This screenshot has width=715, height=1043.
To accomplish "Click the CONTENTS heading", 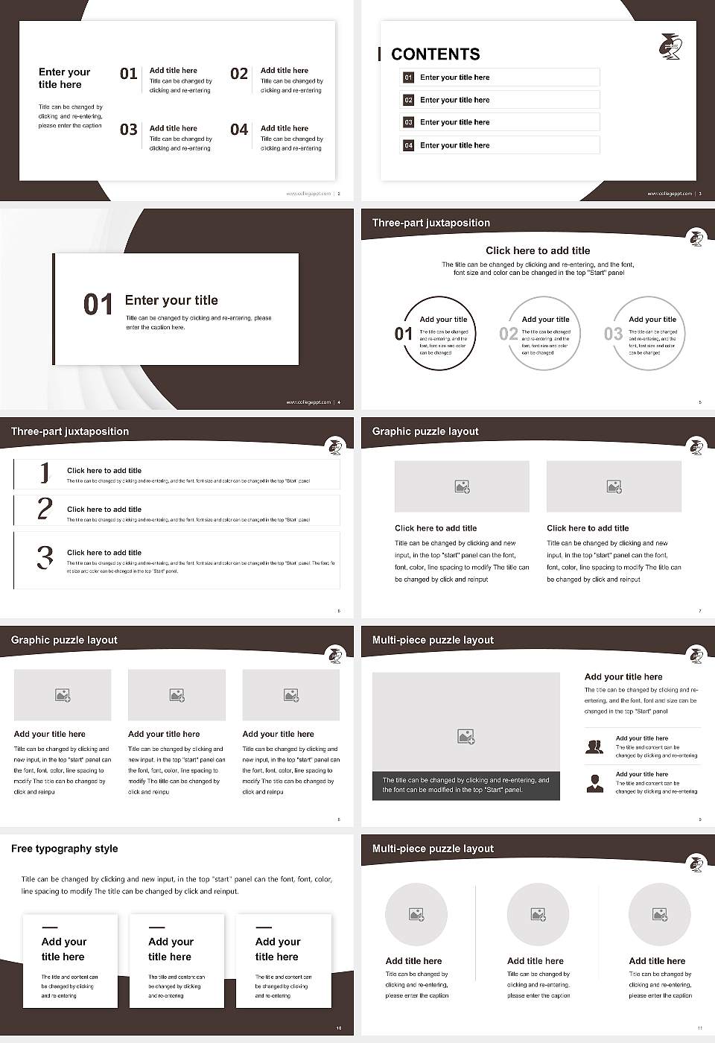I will point(436,54).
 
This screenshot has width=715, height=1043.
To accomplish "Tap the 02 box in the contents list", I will point(408,100).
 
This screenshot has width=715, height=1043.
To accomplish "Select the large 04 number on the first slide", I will point(239,130).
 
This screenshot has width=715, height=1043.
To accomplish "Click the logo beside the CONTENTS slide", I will point(670,46).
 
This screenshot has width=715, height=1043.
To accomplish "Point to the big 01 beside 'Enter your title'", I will point(98,304).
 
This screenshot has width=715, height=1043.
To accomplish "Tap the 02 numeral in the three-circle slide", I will point(509,334).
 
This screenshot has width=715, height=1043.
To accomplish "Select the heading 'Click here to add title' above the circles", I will point(538,251).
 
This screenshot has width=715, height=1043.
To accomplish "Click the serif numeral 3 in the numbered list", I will point(45,557).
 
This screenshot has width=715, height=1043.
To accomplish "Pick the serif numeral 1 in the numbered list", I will point(45,472).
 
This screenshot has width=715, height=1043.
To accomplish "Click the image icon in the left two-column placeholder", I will point(462,486).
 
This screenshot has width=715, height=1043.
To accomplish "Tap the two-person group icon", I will point(594,746).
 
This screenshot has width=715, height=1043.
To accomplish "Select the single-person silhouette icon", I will point(594,783).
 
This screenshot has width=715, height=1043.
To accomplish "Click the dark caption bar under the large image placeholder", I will point(465,785).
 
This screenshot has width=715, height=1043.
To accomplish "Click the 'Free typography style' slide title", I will point(65,849).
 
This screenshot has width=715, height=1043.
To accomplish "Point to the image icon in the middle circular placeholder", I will point(538,914).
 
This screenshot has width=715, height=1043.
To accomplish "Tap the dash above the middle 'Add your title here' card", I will point(156,928).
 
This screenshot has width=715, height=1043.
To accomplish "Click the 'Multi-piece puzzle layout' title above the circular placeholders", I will point(433,849).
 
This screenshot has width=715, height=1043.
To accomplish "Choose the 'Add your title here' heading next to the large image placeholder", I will point(623,677).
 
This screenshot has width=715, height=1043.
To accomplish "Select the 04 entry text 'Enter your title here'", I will point(455,145).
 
